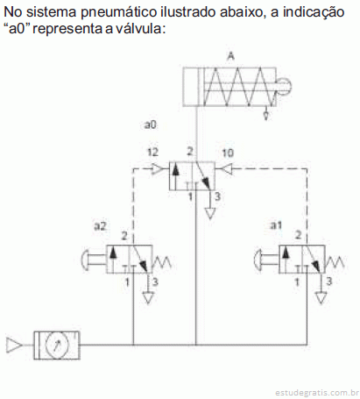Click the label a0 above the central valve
pos(151,125)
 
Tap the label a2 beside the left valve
pos(100,225)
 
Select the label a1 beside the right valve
pos(276,225)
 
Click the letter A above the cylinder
pos(230,56)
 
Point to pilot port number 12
pos(152,152)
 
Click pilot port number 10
pos(228,153)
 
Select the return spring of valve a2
pos(161,262)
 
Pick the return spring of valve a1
pos(335,262)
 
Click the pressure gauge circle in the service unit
pos(57,345)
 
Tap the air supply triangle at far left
pos(14,346)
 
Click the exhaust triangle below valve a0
pos(210,214)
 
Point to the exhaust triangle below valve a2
pos(148,298)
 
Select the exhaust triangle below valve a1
pos(321,298)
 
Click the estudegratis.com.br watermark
pos(317,393)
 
